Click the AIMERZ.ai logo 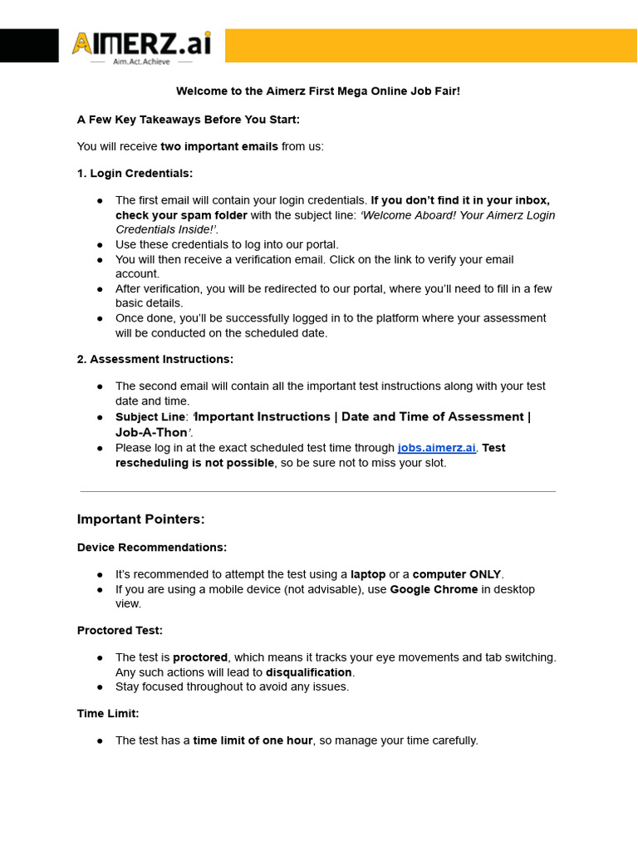click(141, 42)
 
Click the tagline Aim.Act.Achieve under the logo click(141, 61)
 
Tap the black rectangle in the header click(29, 45)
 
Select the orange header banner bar click(430, 45)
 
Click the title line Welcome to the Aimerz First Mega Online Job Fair click(317, 91)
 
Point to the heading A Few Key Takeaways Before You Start click(188, 120)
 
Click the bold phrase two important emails click(219, 146)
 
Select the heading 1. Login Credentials click(135, 173)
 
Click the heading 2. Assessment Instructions click(155, 359)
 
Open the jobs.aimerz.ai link click(437, 448)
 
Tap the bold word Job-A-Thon click(150, 432)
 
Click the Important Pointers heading click(140, 519)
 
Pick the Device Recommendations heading click(151, 548)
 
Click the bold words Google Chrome click(434, 589)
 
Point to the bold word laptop click(368, 574)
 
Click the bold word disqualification click(308, 672)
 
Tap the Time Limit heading click(108, 714)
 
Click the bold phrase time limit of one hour click(253, 740)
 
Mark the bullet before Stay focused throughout click(100, 687)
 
